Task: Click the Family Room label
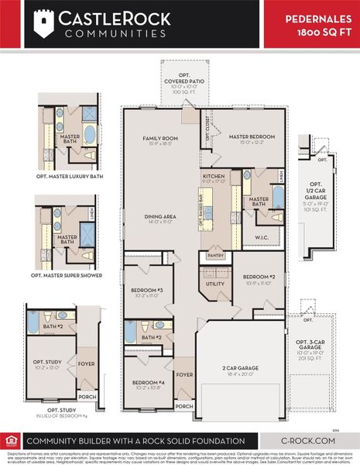(x=160, y=139)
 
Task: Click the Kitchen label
(x=214, y=177)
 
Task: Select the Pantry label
(x=214, y=254)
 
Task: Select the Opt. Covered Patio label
(x=184, y=81)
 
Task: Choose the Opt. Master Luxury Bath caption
(x=70, y=176)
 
